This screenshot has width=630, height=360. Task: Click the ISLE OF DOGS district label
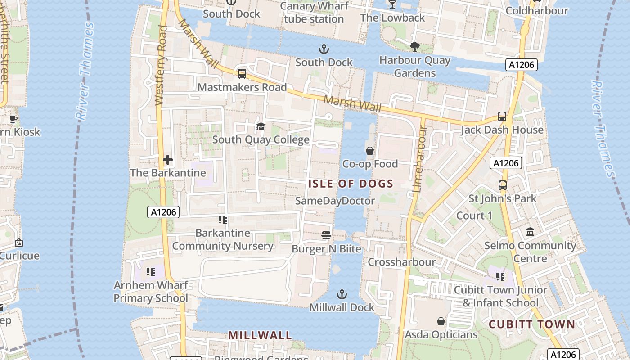tap(351, 184)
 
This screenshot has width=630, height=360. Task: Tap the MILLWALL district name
tap(260, 335)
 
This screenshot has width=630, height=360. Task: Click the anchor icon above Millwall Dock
tap(342, 295)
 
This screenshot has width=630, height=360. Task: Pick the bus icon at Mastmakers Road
tap(242, 74)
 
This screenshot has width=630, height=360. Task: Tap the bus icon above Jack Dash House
tap(502, 117)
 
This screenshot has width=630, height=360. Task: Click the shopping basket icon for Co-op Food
tap(370, 151)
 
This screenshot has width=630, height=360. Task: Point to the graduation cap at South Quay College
tap(261, 126)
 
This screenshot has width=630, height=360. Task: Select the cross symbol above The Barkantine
tap(168, 160)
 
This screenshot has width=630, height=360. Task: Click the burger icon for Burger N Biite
tap(326, 235)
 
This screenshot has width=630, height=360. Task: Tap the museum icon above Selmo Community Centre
tap(531, 232)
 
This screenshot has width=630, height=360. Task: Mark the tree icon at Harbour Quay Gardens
tap(414, 46)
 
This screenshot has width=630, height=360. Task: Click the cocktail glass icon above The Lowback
tap(392, 4)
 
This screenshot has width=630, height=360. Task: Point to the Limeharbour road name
tap(419, 160)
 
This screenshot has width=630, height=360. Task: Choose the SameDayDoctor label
tap(335, 201)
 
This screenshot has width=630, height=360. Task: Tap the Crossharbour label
tap(401, 262)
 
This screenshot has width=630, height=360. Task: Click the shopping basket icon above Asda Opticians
tap(441, 321)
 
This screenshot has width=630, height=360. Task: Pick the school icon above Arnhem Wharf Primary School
tap(151, 272)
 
